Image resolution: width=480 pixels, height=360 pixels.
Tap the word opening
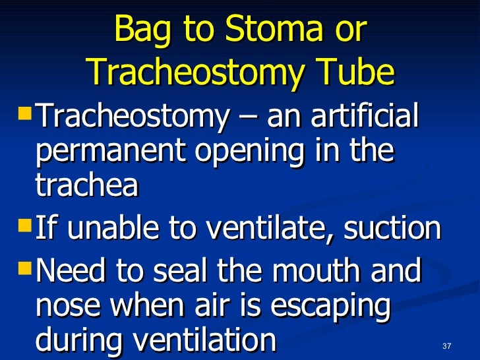tap(245, 153)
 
